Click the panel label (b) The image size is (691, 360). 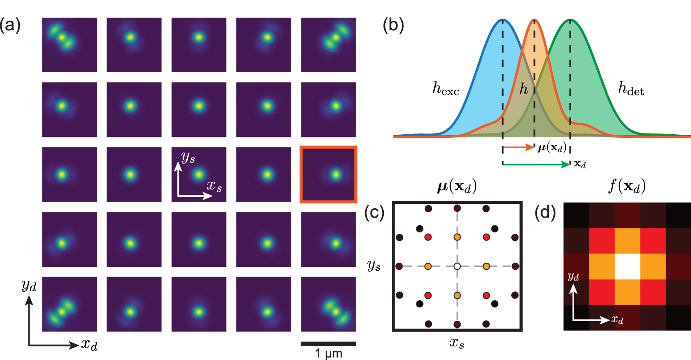(x=394, y=25)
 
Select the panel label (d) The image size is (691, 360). (x=545, y=214)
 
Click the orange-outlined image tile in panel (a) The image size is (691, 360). (x=328, y=174)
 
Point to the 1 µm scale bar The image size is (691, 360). (x=328, y=343)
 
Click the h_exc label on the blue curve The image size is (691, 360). (x=445, y=89)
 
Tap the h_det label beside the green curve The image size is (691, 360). (x=631, y=90)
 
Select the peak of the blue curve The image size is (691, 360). (x=503, y=20)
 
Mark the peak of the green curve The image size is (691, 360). (x=570, y=20)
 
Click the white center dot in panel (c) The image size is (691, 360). (x=457, y=266)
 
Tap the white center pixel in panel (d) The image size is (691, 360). (x=627, y=267)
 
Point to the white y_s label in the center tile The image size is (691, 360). (x=188, y=157)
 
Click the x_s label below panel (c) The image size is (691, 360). (x=457, y=344)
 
